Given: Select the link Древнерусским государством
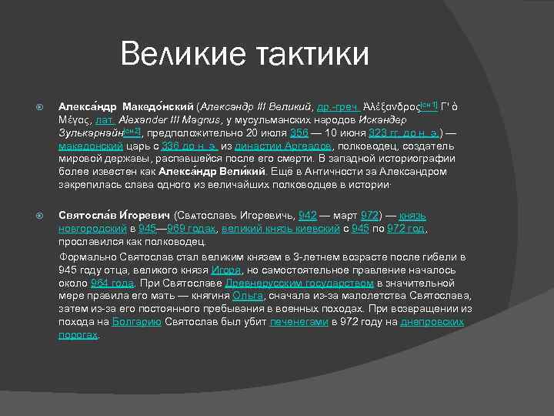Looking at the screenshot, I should tap(285, 283).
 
